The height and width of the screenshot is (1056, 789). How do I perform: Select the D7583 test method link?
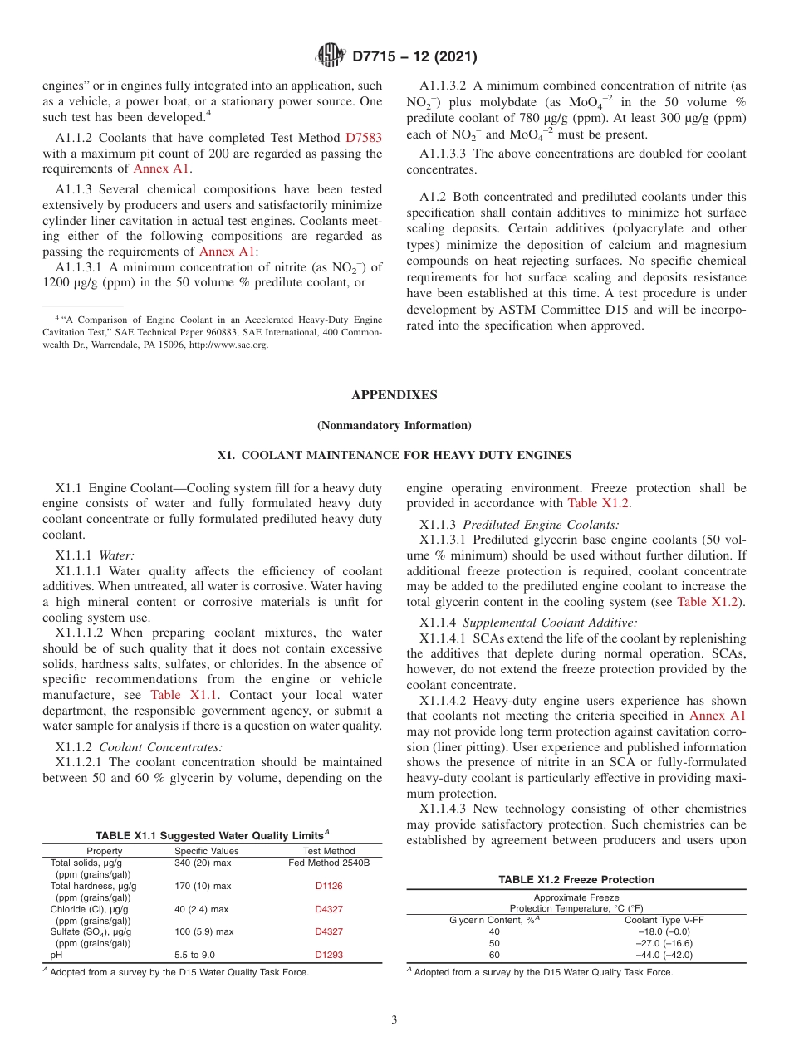363,138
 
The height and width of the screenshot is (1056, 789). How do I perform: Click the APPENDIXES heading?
394,395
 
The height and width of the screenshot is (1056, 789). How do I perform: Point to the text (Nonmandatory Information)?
394,426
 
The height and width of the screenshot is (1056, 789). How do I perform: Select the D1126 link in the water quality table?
329,886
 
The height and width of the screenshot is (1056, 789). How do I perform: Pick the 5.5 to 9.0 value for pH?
194,955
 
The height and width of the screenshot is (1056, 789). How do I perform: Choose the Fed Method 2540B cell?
329,863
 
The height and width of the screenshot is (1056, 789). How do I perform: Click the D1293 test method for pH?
329,955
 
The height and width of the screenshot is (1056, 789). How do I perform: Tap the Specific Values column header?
206,851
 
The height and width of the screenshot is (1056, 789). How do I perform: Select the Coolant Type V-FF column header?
664,920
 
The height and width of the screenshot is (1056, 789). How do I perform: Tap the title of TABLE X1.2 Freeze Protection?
576,880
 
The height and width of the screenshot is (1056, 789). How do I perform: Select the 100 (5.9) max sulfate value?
203,931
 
